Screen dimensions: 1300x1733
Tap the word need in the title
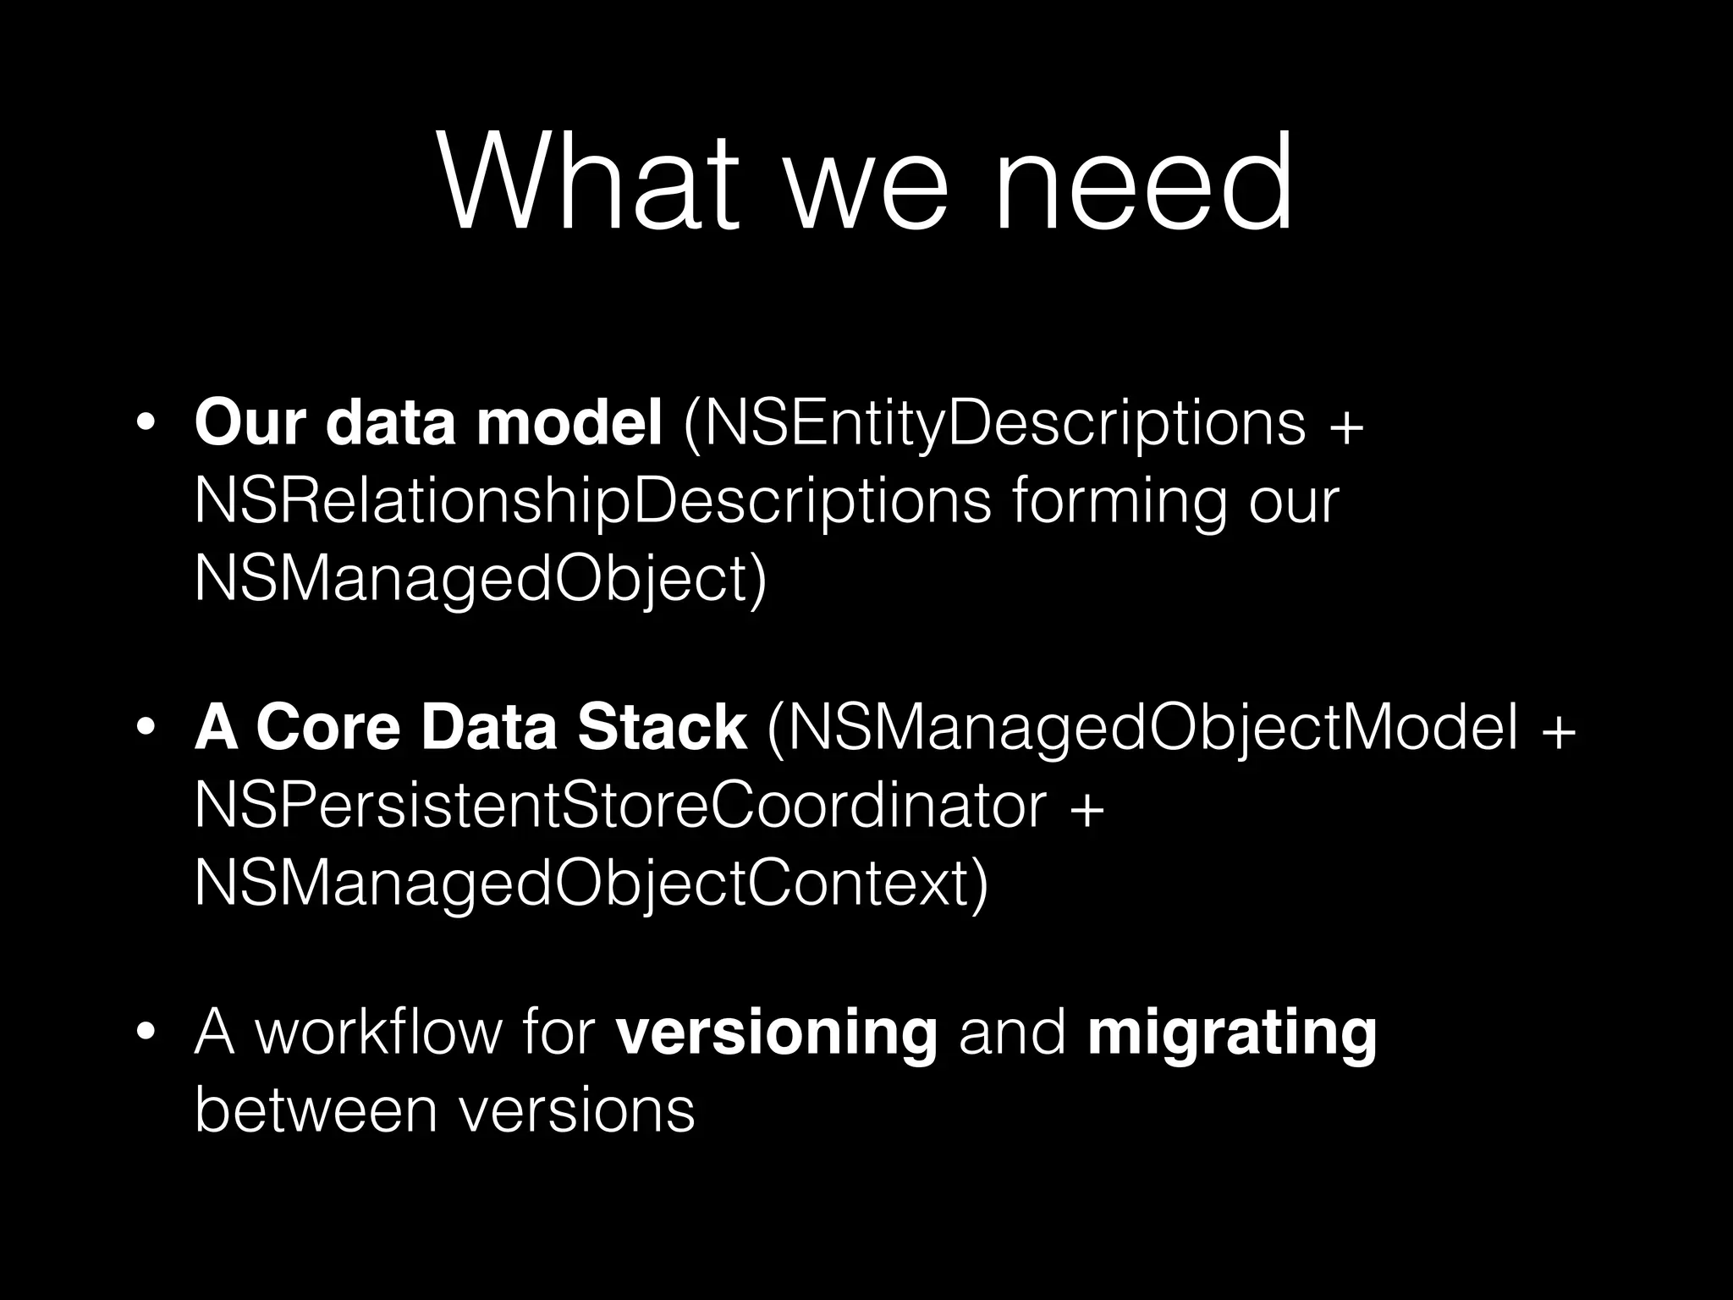pyautogui.click(x=1143, y=181)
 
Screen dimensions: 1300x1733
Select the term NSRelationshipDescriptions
pyautogui.click(x=592, y=500)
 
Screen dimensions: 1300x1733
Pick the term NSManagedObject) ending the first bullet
pyautogui.click(x=481, y=580)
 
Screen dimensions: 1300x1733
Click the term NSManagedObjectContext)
pyautogui.click(x=591, y=884)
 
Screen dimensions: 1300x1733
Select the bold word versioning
pyautogui.click(x=777, y=1033)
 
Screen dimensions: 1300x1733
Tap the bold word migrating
pyautogui.click(x=1232, y=1033)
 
